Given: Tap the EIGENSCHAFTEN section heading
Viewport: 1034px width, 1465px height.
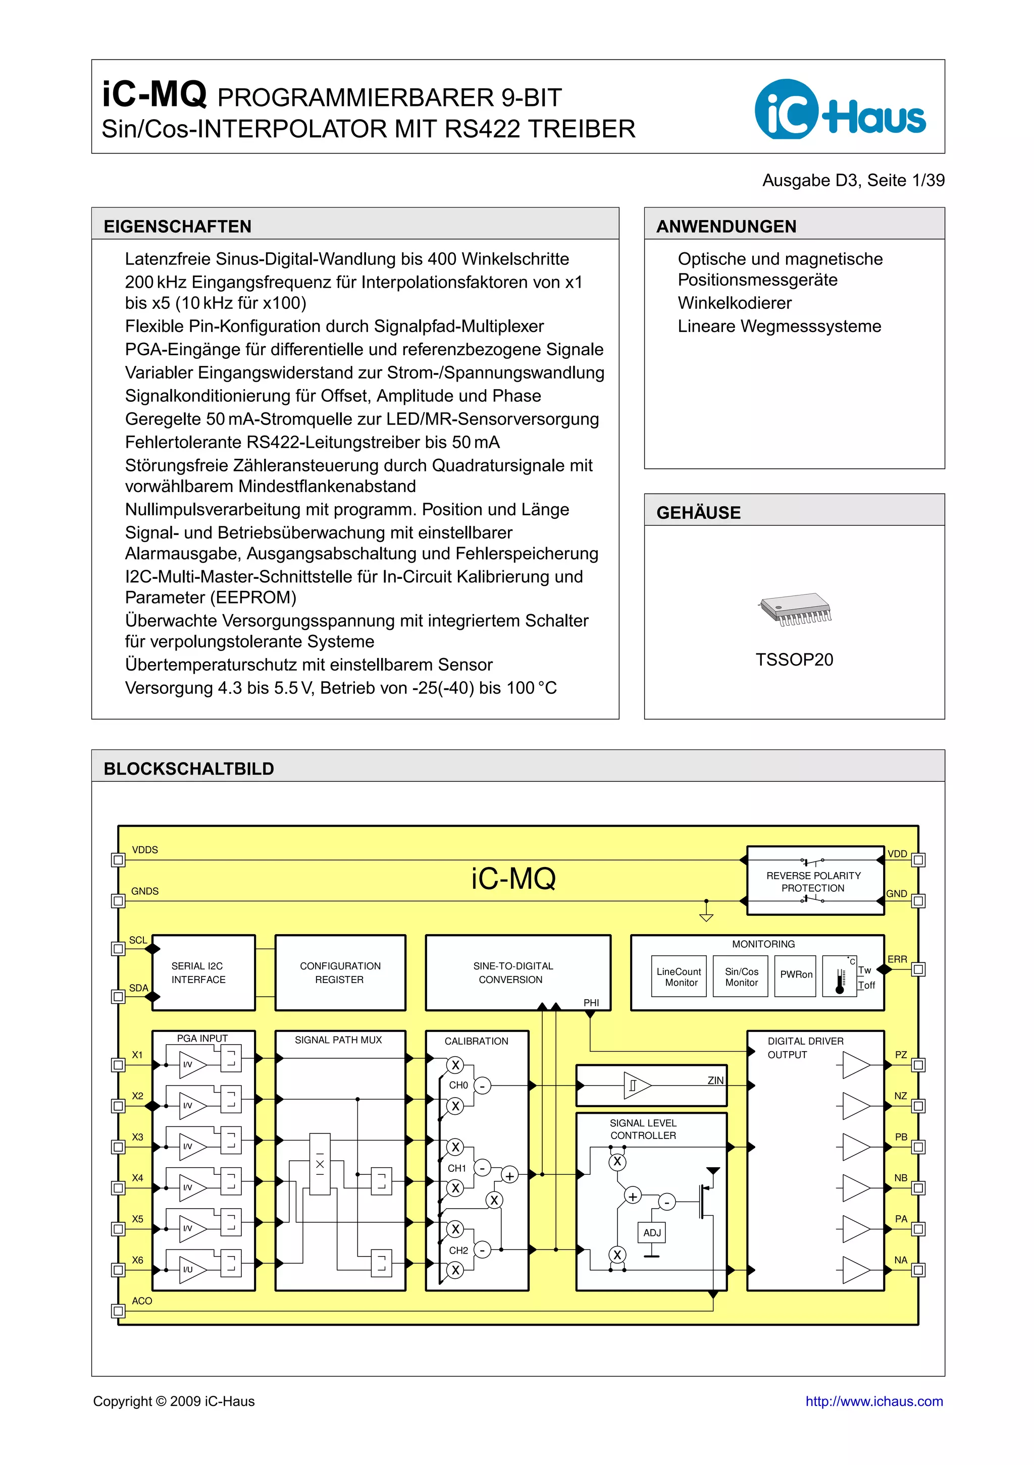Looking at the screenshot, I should pyautogui.click(x=177, y=227).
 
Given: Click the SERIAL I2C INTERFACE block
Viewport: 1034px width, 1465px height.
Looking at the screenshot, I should pyautogui.click(x=203, y=972).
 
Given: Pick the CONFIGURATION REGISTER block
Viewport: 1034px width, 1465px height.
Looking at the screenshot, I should pyautogui.click(x=340, y=972).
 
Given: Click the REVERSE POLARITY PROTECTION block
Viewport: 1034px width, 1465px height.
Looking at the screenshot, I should pyautogui.click(x=814, y=881).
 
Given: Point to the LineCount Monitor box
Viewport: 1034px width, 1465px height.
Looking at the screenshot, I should pyautogui.click(x=679, y=976).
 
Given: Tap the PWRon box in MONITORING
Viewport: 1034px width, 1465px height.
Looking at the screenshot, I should pyautogui.click(x=795, y=975).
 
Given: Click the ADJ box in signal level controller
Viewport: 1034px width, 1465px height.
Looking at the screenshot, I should pyautogui.click(x=652, y=1232).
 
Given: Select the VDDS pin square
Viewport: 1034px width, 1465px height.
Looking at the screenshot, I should pyautogui.click(x=118, y=860).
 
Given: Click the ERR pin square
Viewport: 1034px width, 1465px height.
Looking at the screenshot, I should pyautogui.click(x=918, y=969).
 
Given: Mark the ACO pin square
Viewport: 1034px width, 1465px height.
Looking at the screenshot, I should pyautogui.click(x=118, y=1311).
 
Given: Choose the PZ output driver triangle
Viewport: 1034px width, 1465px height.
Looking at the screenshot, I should pyautogui.click(x=855, y=1065).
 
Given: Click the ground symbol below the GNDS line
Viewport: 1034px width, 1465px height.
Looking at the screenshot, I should pyautogui.click(x=706, y=917).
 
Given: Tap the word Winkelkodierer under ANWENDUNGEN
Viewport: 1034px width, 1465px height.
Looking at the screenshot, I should pyautogui.click(x=734, y=303).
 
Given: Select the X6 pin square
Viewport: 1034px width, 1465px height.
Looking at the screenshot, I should pyautogui.click(x=118, y=1270).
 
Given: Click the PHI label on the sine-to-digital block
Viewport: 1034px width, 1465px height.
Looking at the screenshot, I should pyautogui.click(x=591, y=1002).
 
